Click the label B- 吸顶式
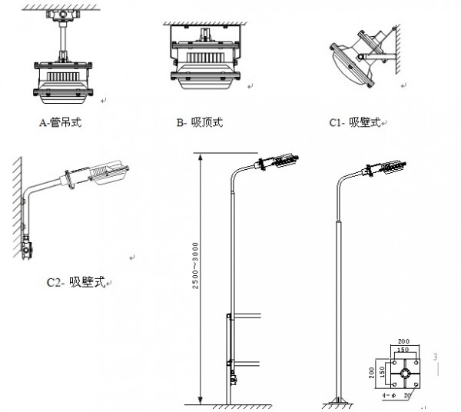point(199,122)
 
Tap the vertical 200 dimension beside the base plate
point(371,374)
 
